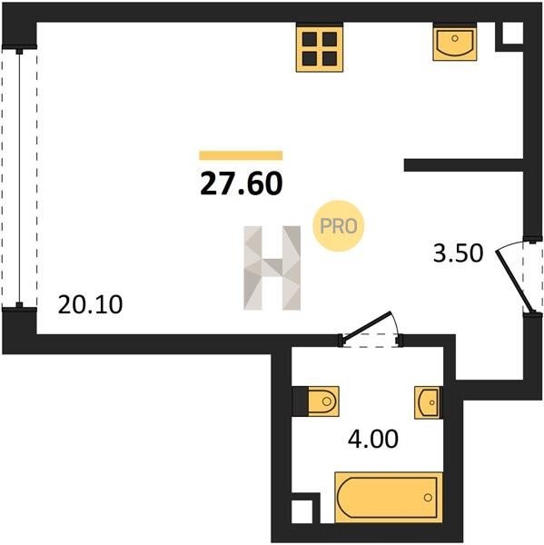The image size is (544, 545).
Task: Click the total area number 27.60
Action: tap(242, 183)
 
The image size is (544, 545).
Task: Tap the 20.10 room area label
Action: tap(91, 304)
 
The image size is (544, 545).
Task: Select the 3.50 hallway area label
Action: tap(458, 253)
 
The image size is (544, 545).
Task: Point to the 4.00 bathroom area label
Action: tap(373, 439)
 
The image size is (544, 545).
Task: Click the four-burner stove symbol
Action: tap(320, 49)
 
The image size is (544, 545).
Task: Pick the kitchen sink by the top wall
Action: tap(455, 43)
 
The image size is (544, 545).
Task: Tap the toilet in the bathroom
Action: tap(323, 401)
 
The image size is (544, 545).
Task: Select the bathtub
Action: tap(389, 498)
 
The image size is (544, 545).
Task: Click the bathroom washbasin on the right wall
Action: tap(428, 402)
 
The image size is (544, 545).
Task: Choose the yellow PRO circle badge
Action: tap(338, 226)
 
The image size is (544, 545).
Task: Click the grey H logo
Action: tap(272, 268)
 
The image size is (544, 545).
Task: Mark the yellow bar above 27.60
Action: tap(241, 155)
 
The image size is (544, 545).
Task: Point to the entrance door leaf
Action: tap(514, 282)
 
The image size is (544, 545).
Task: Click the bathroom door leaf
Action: tap(366, 327)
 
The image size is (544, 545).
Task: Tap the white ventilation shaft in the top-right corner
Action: tap(513, 33)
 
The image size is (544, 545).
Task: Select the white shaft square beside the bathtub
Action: tap(302, 511)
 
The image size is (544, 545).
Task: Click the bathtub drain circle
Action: tap(428, 498)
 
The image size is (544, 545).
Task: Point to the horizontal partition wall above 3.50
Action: tap(464, 165)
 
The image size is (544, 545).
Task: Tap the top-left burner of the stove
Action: tap(310, 39)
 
